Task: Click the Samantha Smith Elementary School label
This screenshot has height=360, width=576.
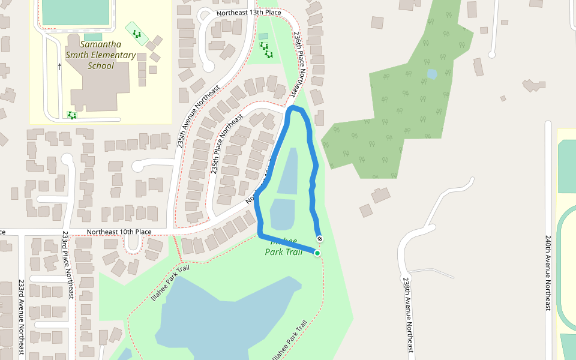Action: pos(101,55)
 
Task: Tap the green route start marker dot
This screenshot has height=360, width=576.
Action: pos(317,253)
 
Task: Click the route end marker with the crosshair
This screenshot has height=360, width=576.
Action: pos(319,239)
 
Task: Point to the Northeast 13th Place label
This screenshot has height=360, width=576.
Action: pos(248,13)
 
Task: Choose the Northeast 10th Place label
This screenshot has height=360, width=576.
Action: pos(119,232)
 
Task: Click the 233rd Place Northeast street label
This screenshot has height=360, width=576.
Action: pos(67,265)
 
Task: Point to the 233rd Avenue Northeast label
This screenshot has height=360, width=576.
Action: pos(22,318)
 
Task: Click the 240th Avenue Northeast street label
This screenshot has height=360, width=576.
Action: pos(548,272)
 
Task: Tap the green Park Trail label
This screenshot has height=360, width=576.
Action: pos(283,251)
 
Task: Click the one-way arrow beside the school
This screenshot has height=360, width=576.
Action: pos(59,66)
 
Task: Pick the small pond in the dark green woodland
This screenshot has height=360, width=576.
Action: pos(432,74)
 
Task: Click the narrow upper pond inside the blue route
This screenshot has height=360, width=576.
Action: pos(288,171)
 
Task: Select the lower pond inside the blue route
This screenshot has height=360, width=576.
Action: pos(283,214)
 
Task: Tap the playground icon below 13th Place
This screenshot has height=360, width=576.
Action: pos(265,50)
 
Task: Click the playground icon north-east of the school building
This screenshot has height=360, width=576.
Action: pos(137,34)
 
